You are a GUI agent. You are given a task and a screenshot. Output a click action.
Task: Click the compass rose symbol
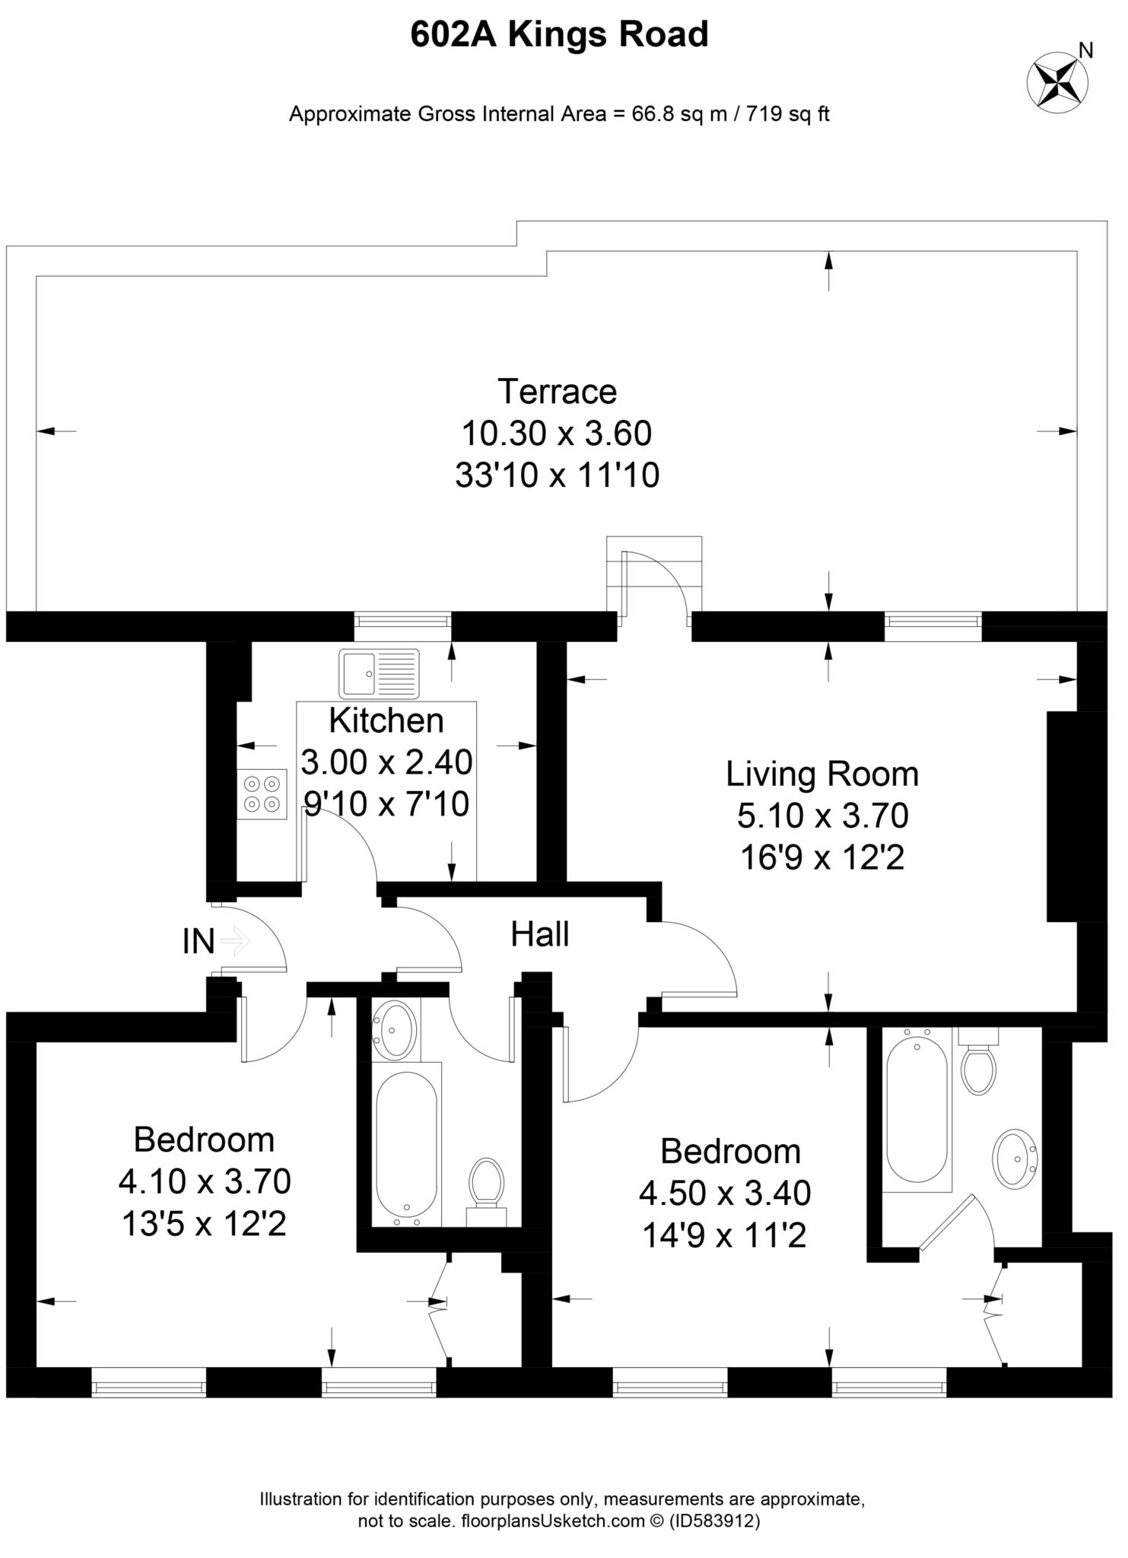(1057, 82)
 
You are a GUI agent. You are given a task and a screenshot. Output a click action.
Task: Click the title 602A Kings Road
(559, 35)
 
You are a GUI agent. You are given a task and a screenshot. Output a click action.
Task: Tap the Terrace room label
(557, 392)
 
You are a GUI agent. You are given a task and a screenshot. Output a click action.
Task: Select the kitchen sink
(379, 673)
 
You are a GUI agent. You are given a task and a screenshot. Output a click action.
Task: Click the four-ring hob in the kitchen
(262, 793)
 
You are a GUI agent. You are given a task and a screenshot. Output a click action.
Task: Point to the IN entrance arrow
(236, 941)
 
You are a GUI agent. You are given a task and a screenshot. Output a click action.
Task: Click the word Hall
(539, 934)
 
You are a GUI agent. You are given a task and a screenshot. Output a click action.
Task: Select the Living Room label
(822, 774)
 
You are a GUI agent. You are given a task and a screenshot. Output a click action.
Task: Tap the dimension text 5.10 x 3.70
(822, 816)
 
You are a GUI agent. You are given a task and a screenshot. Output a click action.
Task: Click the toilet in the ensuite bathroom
(979, 1064)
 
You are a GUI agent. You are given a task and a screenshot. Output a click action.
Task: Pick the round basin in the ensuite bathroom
(1015, 1161)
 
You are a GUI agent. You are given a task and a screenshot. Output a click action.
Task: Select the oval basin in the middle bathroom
(396, 1029)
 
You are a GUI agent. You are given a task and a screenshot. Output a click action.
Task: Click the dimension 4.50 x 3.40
(725, 1193)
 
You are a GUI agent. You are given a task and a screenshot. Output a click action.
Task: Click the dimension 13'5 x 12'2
(204, 1224)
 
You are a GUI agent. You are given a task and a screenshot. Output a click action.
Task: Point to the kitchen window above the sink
(402, 622)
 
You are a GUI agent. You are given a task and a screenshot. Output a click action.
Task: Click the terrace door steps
(654, 574)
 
